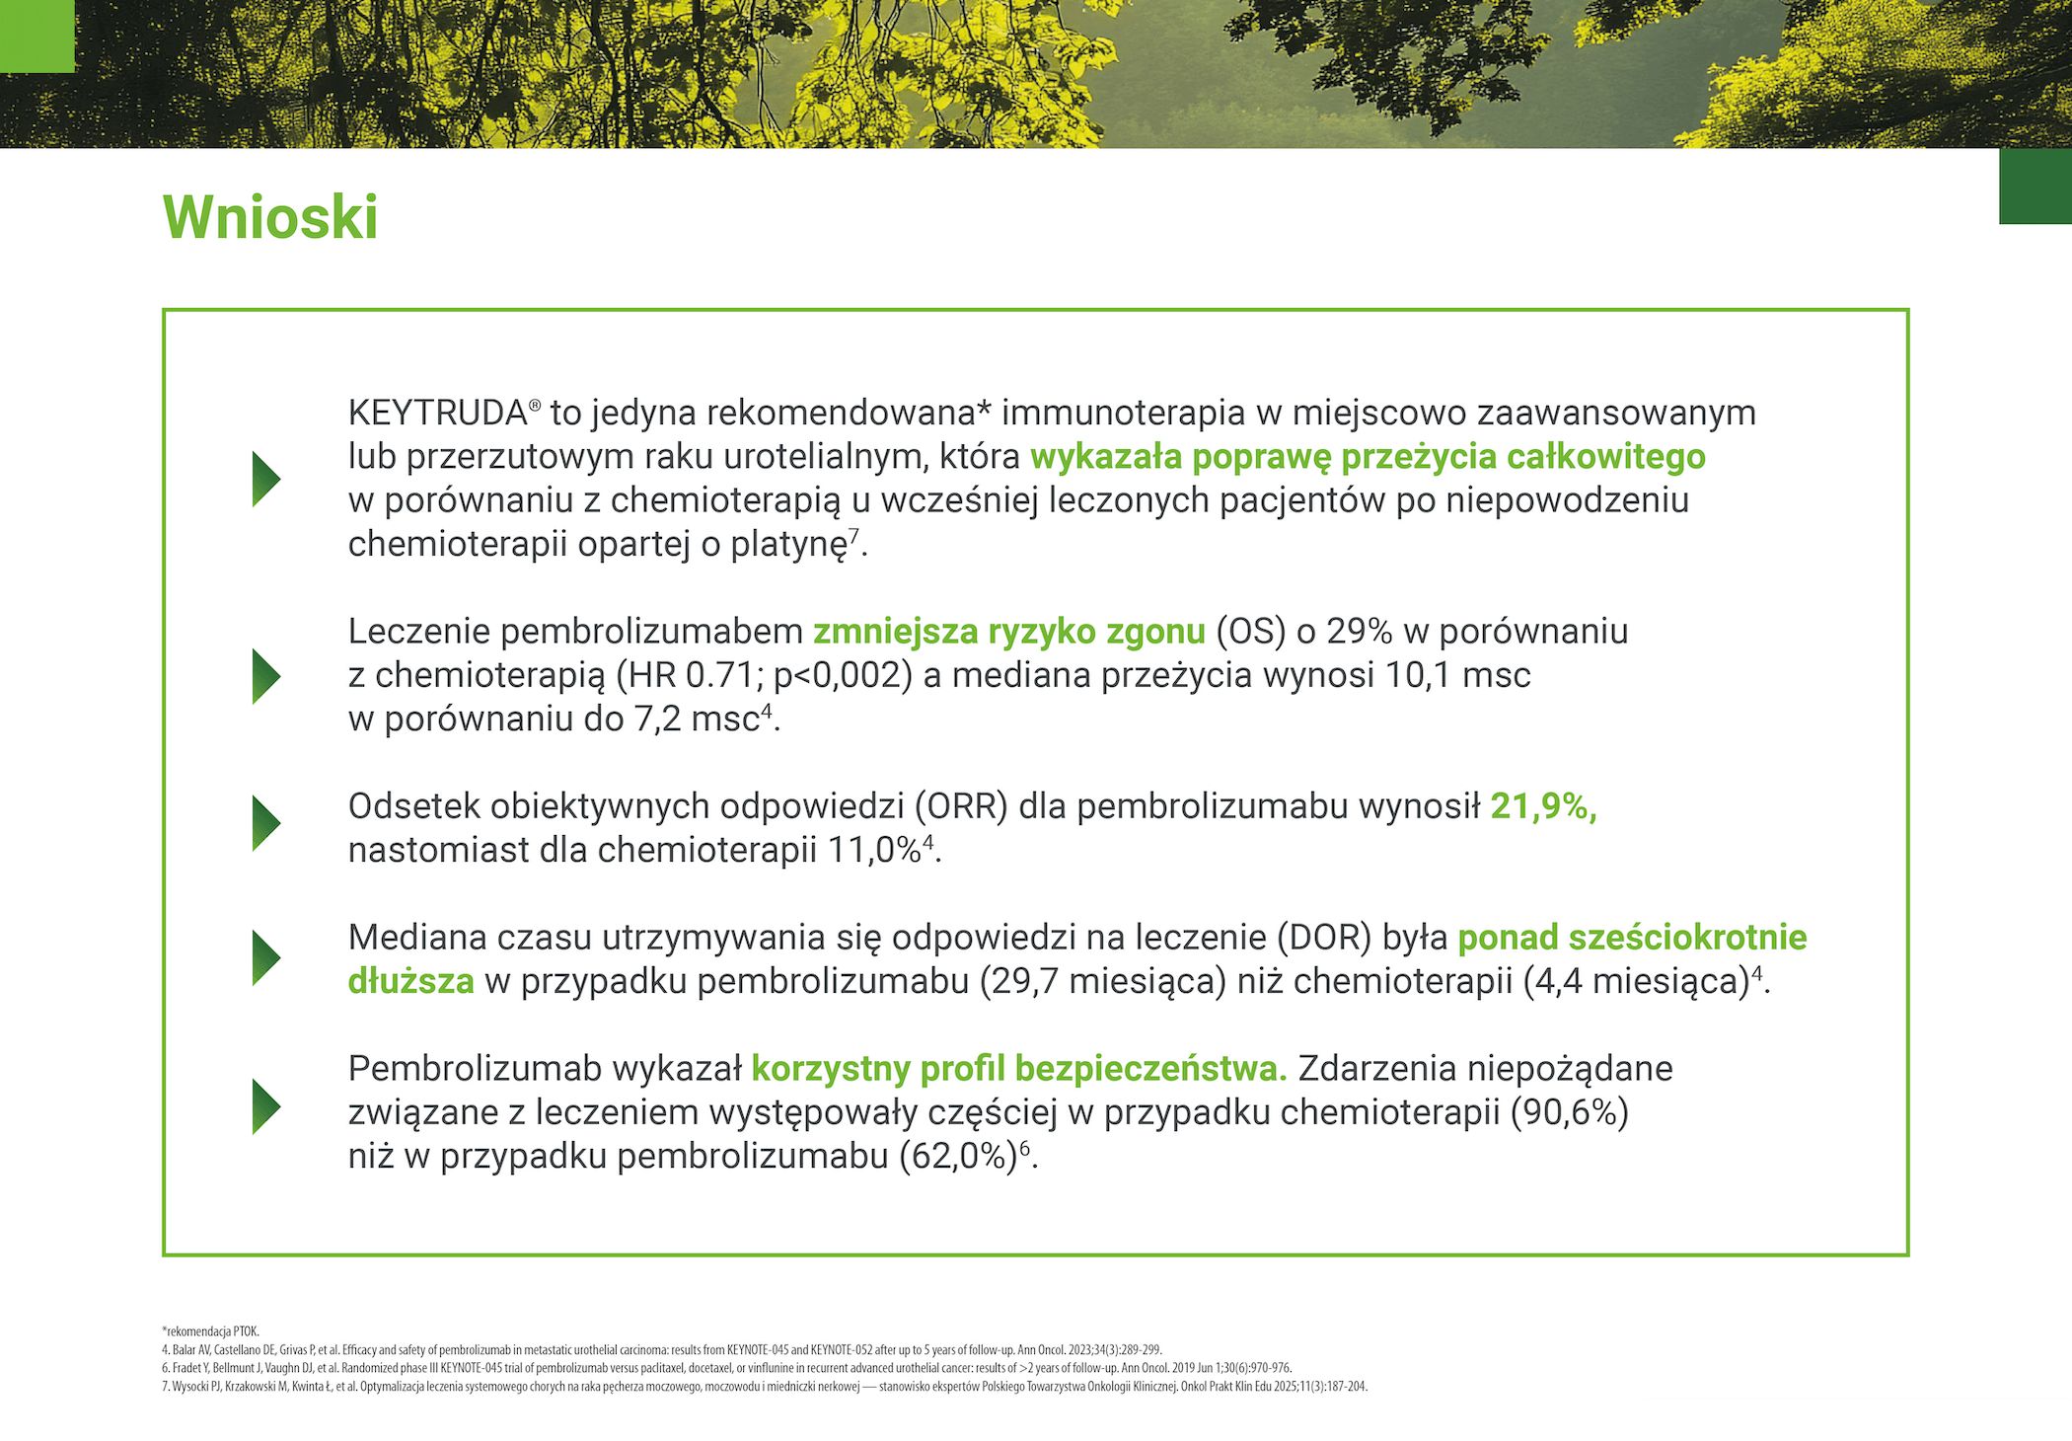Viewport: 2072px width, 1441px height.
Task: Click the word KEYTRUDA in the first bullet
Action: click(x=438, y=413)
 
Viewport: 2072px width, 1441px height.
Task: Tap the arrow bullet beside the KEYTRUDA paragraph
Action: click(x=266, y=479)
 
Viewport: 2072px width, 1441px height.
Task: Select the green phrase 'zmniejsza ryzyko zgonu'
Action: click(x=1009, y=632)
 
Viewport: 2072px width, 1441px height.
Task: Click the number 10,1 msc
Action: click(x=1458, y=675)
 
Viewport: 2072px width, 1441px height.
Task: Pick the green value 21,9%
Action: click(x=1543, y=806)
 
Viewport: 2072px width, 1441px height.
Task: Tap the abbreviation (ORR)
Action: click(x=961, y=806)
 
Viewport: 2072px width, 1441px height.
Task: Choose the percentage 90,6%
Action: click(x=1570, y=1112)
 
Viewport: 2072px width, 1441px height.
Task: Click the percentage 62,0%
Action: click(x=958, y=1156)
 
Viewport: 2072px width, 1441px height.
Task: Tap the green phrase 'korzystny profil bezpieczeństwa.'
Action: click(x=1019, y=1069)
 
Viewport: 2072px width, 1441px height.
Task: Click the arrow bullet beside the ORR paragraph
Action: click(x=266, y=823)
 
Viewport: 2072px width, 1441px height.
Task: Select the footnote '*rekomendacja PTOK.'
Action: click(x=210, y=1331)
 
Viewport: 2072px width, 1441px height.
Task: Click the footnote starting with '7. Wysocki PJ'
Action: click(x=765, y=1387)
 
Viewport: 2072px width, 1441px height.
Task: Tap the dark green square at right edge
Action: click(x=2035, y=187)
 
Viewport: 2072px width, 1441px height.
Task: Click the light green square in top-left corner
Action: click(x=37, y=36)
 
